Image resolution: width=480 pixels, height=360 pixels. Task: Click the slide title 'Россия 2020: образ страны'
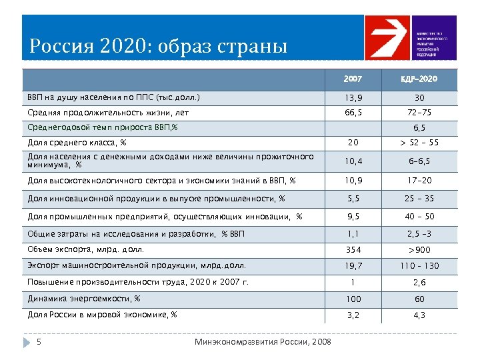click(x=159, y=47)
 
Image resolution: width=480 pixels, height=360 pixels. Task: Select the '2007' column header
click(x=353, y=79)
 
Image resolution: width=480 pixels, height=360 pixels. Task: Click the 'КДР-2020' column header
click(x=419, y=79)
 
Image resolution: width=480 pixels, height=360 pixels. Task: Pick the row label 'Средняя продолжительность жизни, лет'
click(x=108, y=113)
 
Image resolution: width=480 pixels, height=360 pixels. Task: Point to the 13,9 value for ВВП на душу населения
click(x=353, y=98)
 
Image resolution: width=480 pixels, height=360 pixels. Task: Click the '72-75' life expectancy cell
click(x=419, y=113)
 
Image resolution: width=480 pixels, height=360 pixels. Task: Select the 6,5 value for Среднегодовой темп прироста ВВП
click(x=419, y=127)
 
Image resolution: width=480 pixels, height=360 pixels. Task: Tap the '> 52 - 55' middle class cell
click(x=419, y=142)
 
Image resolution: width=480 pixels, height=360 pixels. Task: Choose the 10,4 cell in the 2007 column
click(x=353, y=161)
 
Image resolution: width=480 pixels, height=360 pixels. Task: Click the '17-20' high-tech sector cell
click(x=419, y=180)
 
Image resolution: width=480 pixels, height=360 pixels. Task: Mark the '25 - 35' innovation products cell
click(x=419, y=198)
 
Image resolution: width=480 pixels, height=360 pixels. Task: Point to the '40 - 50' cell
click(x=419, y=216)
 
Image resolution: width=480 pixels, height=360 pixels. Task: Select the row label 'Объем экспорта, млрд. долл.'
click(x=86, y=250)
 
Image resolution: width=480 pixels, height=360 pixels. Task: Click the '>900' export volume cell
click(x=419, y=250)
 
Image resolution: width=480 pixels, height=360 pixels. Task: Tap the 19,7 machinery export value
click(x=353, y=266)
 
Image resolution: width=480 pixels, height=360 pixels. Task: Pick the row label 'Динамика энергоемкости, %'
click(x=84, y=298)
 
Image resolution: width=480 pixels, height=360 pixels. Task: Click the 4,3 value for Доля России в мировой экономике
click(x=419, y=314)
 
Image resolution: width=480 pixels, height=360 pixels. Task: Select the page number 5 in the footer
click(x=39, y=342)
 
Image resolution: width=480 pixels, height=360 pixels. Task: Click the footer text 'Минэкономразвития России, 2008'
click(x=263, y=342)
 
